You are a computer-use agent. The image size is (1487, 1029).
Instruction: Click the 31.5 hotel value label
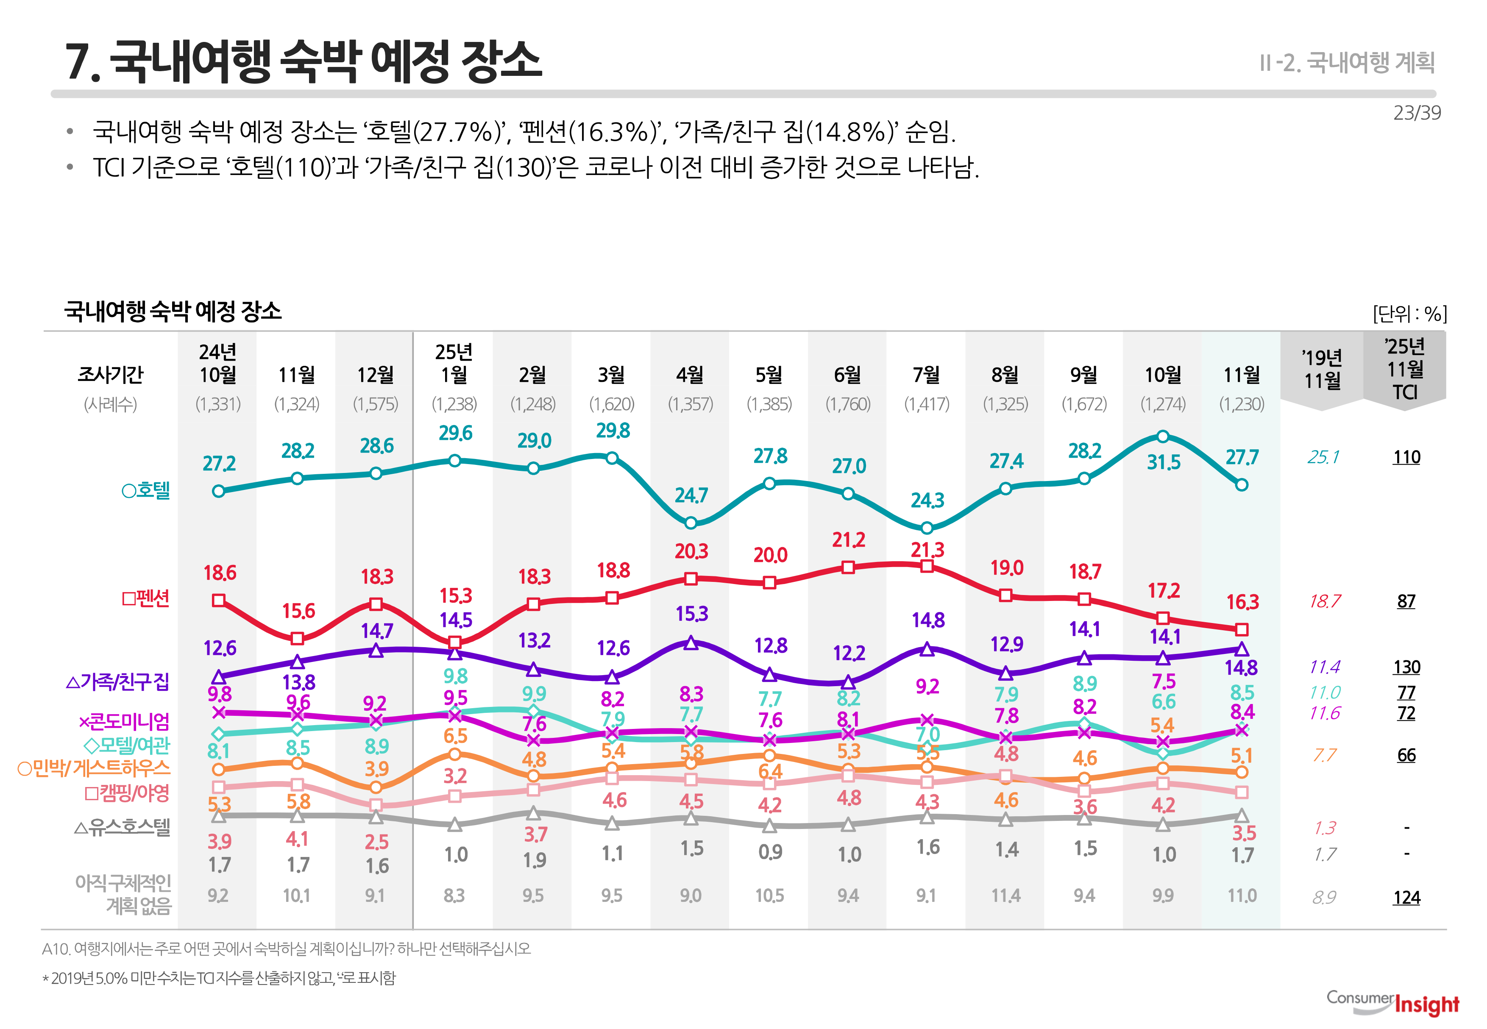point(1163,462)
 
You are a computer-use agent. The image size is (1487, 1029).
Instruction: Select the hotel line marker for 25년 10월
point(1163,437)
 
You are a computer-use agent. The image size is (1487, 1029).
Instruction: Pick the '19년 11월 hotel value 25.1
point(1323,457)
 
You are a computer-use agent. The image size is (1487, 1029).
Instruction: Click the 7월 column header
point(927,375)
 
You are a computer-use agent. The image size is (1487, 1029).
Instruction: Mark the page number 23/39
point(1416,113)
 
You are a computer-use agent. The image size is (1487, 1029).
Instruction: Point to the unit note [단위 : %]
point(1409,314)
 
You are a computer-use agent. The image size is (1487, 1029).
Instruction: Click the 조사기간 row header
point(110,375)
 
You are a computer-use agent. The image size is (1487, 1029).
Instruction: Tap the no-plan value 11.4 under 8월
point(1005,896)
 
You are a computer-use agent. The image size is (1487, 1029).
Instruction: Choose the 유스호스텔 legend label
point(123,827)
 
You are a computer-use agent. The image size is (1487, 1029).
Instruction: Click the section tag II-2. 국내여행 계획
point(1346,63)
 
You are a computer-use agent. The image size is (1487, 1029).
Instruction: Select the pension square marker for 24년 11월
point(297,638)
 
